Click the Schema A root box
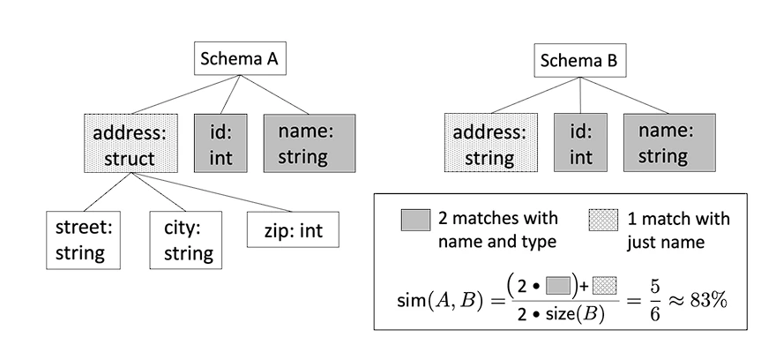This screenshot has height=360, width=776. [x=240, y=58]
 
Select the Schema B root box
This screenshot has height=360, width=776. [x=580, y=60]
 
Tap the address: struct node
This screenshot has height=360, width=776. [x=131, y=144]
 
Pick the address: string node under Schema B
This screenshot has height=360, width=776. [x=490, y=143]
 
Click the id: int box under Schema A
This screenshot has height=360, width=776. [x=220, y=144]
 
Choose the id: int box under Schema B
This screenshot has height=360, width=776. [x=580, y=143]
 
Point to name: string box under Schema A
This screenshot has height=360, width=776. [x=310, y=144]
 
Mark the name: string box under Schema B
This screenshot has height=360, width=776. [x=669, y=143]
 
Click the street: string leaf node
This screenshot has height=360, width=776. [x=83, y=241]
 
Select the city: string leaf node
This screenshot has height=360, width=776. [x=186, y=241]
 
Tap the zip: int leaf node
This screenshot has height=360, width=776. [x=293, y=229]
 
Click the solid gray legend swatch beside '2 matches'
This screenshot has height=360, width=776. [x=415, y=220]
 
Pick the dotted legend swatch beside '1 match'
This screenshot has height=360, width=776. [x=603, y=220]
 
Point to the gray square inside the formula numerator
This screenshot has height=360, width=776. [x=558, y=286]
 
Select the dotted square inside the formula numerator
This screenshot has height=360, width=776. [x=604, y=286]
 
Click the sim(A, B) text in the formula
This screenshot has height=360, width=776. [x=439, y=302]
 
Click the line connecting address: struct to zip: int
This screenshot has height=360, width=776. [x=212, y=192]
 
